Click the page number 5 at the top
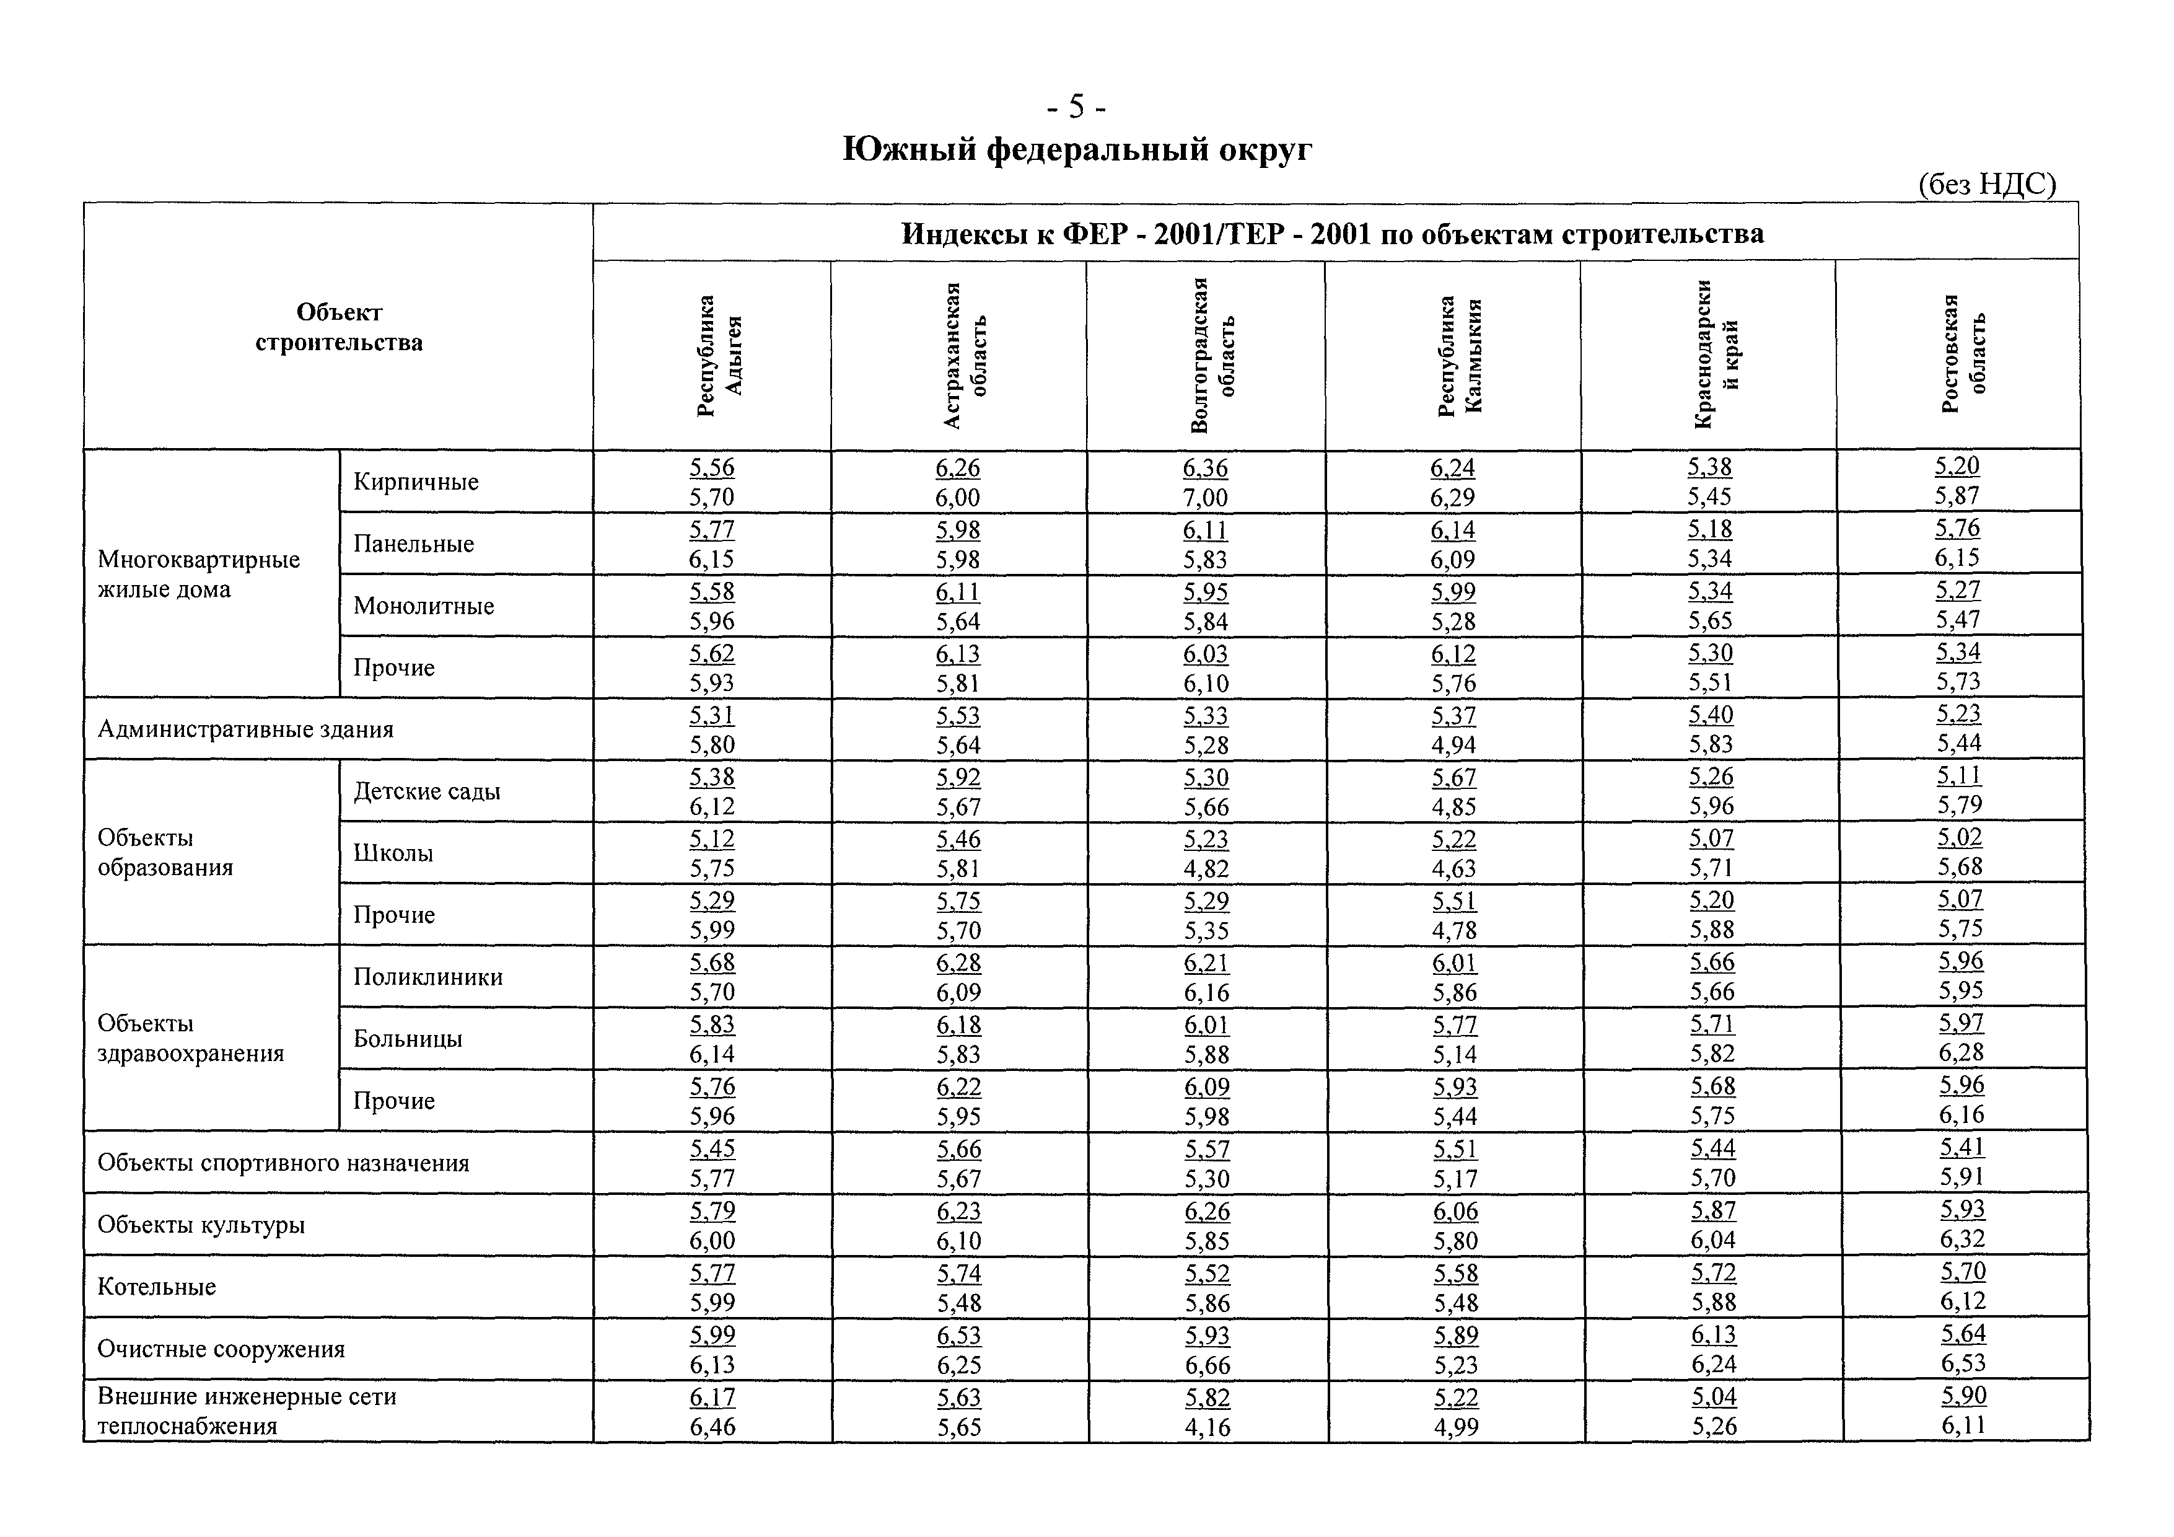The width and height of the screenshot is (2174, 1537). click(1076, 108)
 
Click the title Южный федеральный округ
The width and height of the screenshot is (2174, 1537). click(1077, 149)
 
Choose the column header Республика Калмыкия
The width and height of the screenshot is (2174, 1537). click(1459, 355)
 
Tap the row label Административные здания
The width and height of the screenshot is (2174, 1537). click(245, 729)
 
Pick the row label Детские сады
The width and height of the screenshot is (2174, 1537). click(427, 791)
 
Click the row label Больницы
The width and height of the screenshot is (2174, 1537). click(408, 1038)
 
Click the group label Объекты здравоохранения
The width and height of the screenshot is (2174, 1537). click(190, 1038)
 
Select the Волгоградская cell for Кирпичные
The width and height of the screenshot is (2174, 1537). click(1206, 482)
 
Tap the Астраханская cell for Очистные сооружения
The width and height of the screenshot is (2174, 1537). click(959, 1349)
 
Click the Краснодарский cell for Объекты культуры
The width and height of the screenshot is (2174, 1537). click(1714, 1225)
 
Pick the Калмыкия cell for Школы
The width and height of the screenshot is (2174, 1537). click(1454, 853)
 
